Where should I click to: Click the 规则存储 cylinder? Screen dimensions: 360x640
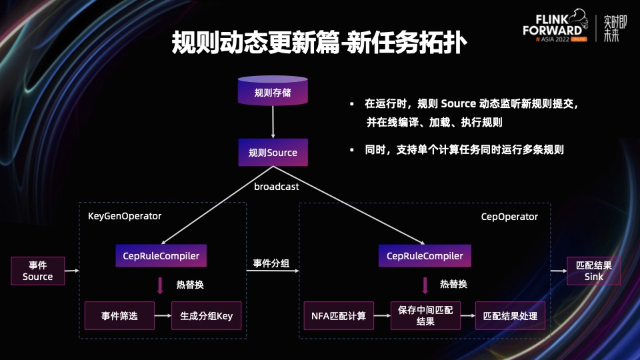point(273,91)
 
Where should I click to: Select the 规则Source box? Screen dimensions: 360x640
point(273,153)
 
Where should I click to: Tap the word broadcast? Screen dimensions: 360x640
point(276,187)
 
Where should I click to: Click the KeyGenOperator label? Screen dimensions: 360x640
point(125,216)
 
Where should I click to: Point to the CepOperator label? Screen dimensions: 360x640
point(509,217)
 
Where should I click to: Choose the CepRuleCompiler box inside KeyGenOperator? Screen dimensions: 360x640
point(161,255)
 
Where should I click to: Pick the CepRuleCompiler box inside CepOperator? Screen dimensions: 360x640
point(425,255)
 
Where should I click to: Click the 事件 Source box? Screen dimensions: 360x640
point(37,271)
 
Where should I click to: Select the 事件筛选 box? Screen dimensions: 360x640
point(119,315)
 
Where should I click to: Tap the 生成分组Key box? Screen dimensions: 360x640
point(206,315)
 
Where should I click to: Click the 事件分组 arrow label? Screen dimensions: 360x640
point(271,264)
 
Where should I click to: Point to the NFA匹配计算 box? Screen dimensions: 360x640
point(339,315)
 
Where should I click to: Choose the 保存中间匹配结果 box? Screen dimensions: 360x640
point(425,315)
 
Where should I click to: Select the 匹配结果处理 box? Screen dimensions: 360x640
point(510,315)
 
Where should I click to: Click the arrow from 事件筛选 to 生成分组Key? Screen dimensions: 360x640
point(163,315)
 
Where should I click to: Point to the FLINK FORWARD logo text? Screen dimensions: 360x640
point(551,25)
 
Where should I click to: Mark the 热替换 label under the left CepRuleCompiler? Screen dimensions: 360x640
point(190,285)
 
